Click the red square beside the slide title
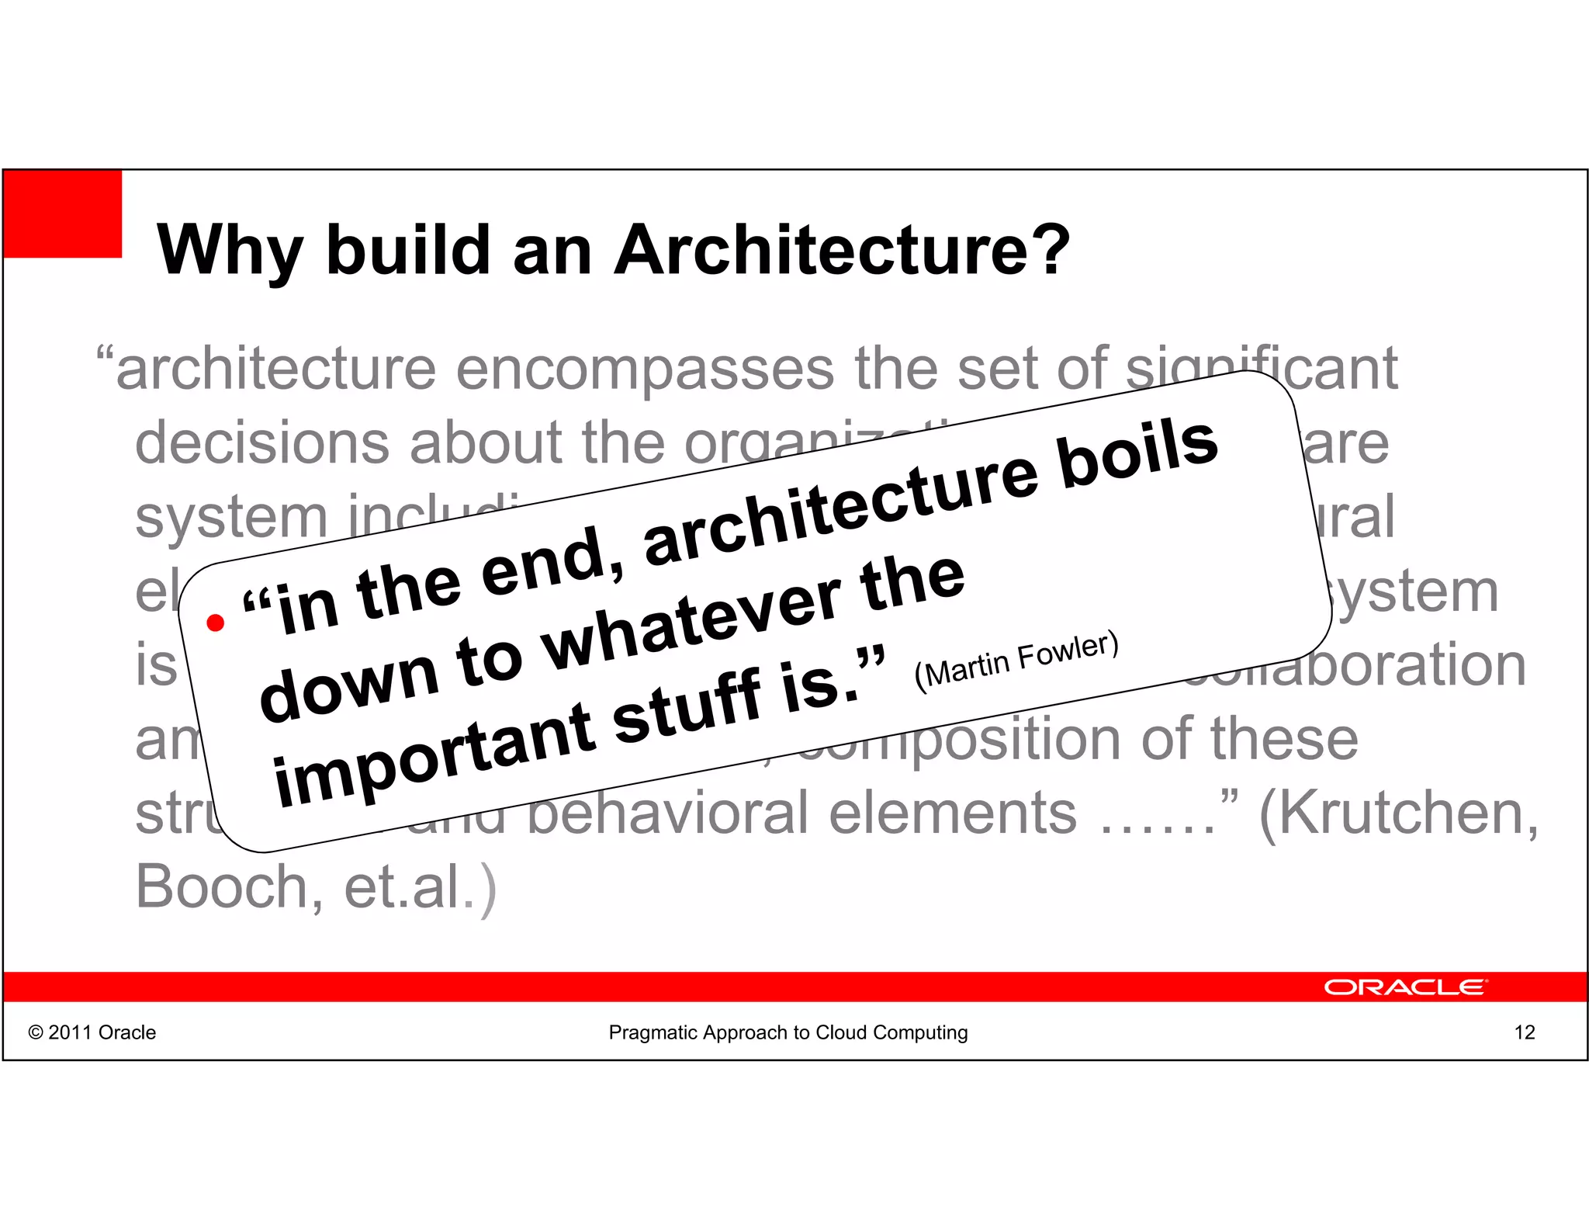[63, 213]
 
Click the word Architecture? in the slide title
[842, 250]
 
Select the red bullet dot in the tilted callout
[216, 623]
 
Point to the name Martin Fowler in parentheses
[1016, 659]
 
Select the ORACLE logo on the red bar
[1405, 987]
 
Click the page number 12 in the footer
[1524, 1032]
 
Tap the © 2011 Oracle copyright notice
[92, 1032]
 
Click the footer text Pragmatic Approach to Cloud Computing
[788, 1032]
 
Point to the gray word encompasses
[645, 369]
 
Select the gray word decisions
[262, 442]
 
